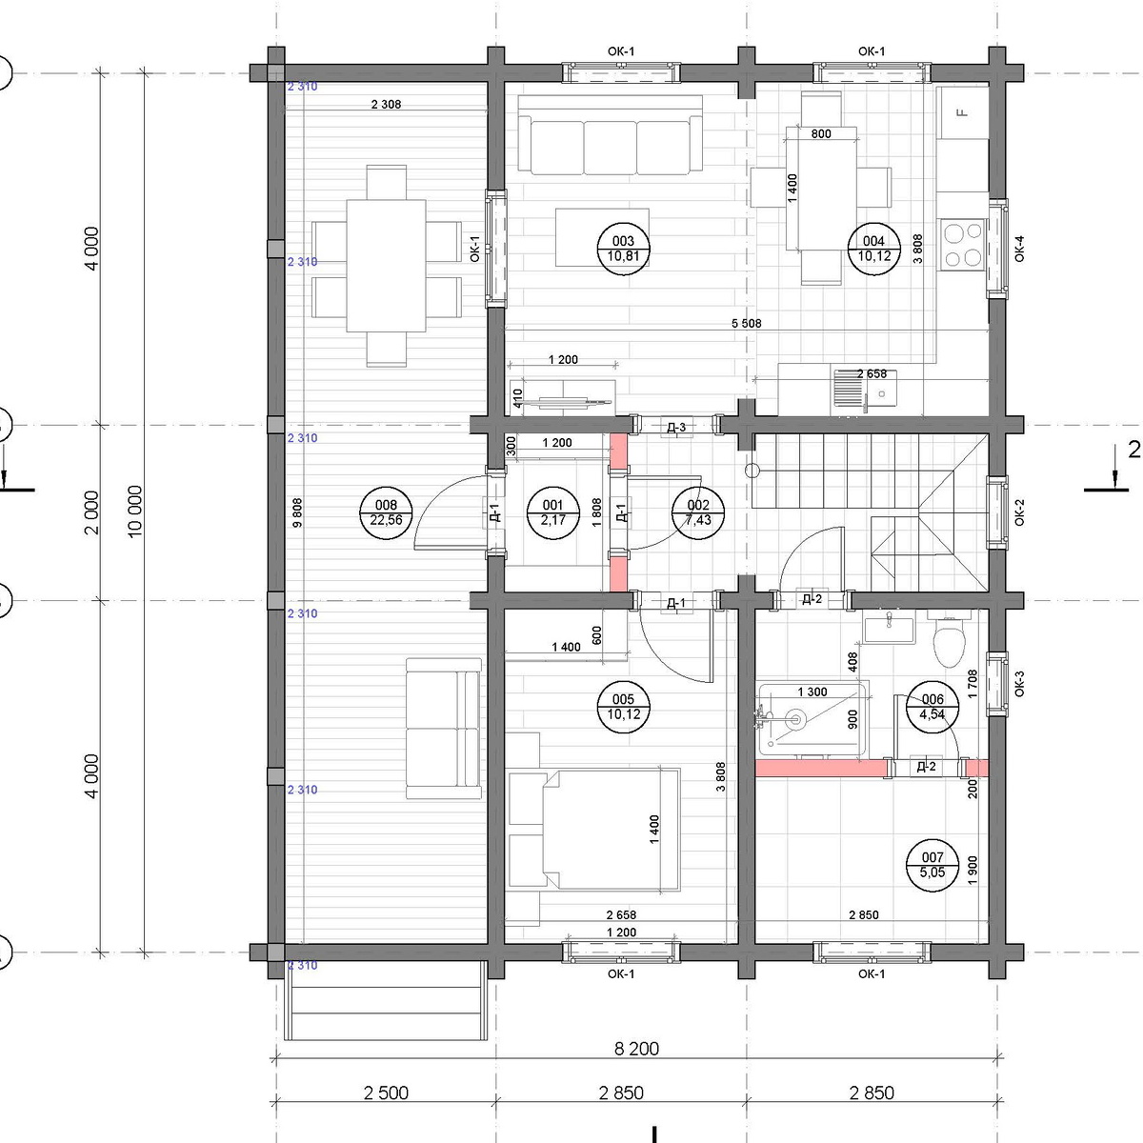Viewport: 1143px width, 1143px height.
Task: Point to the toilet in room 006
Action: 949,642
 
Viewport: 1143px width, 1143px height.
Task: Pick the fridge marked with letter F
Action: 962,112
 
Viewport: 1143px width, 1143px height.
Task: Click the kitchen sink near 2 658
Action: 865,389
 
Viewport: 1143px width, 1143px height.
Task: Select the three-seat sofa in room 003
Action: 610,135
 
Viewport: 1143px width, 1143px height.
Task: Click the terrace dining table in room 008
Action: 386,265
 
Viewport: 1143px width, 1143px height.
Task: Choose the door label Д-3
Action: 676,427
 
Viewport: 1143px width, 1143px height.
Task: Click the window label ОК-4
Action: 1019,249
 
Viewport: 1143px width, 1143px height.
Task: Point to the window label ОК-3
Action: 1019,684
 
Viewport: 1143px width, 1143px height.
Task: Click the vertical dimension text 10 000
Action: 135,511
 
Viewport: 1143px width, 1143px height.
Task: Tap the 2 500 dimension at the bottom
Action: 386,1093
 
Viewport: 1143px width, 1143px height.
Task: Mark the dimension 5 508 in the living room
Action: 746,323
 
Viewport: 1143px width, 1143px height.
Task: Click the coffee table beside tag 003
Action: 602,237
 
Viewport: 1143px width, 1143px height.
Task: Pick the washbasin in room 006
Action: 889,630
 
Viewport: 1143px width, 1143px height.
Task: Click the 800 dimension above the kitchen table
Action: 821,134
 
